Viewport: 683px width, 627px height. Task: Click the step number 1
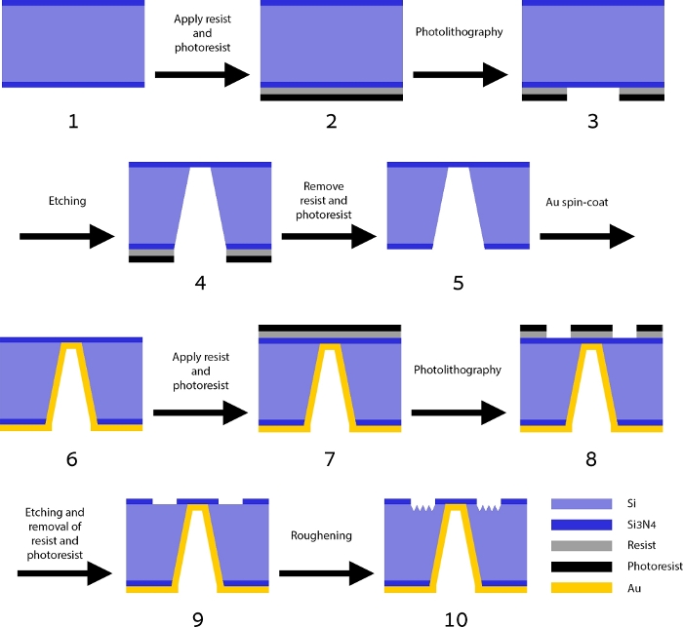[73, 122]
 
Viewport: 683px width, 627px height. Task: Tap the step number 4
[200, 284]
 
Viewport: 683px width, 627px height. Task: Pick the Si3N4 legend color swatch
[582, 525]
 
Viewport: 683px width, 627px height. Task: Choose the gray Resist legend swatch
[582, 546]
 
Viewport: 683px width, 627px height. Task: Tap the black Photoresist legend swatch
[582, 567]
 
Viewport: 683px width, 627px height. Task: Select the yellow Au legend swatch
[582, 588]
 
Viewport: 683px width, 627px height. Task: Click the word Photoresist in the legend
[650, 567]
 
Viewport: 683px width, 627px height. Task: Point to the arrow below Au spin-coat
[585, 236]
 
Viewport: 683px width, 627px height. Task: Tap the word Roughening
[322, 536]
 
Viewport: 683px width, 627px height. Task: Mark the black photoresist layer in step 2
[332, 98]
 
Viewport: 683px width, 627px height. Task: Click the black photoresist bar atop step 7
[330, 327]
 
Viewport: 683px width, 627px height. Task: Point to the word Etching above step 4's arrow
[66, 202]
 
